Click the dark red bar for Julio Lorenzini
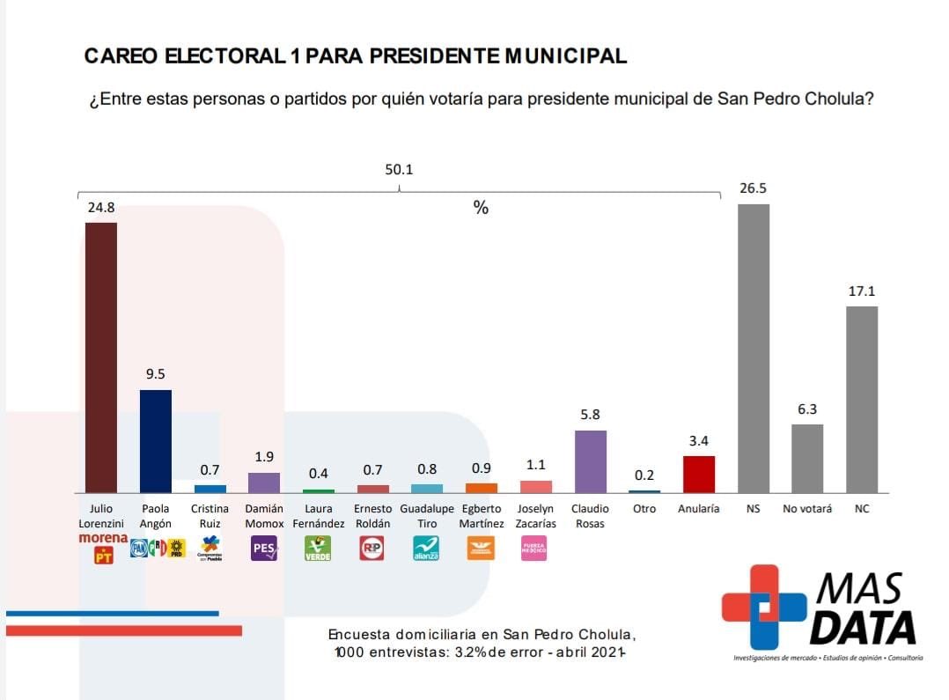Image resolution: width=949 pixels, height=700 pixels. click(100, 357)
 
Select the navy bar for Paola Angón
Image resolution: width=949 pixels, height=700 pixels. click(156, 441)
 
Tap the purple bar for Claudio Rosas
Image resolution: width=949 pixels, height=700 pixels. click(590, 461)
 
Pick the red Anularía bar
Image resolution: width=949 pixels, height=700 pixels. click(699, 474)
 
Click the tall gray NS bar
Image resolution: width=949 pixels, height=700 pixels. click(754, 348)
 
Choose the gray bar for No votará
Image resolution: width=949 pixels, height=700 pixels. click(807, 458)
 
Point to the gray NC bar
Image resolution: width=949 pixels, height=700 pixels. click(862, 399)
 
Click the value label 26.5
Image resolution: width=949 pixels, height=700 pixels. click(753, 188)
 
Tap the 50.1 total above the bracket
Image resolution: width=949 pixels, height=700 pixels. click(399, 169)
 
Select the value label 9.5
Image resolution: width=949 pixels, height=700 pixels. click(156, 374)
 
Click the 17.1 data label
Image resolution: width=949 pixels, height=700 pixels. click(862, 291)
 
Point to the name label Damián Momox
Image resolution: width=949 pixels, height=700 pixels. click(264, 516)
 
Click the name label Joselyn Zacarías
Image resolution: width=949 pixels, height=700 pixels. click(536, 516)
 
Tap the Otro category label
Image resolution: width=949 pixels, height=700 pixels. click(644, 509)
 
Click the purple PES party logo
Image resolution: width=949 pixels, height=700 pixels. click(264, 549)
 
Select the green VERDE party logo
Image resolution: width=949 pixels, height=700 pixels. click(318, 549)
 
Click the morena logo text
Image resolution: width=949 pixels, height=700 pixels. click(103, 538)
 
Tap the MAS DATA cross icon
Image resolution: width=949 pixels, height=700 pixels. click(763, 607)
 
